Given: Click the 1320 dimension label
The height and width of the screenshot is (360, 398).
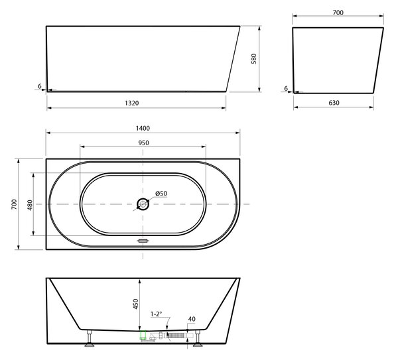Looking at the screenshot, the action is click(x=132, y=103).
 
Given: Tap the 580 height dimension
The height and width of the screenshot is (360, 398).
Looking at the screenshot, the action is click(x=254, y=58).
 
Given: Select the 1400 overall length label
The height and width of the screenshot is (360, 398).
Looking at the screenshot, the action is click(x=143, y=128).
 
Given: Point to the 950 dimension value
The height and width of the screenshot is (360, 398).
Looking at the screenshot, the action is click(x=144, y=143).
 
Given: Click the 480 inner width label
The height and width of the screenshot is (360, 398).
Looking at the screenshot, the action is click(x=30, y=205).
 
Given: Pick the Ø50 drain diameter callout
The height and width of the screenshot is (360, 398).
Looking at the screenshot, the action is click(x=161, y=194).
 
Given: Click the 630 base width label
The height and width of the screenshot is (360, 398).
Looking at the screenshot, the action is click(x=334, y=103).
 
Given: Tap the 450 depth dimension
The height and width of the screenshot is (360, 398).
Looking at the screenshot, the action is click(x=136, y=304).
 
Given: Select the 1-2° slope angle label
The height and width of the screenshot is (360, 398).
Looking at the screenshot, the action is click(x=156, y=314).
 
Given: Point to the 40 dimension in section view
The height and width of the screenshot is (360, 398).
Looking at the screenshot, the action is click(x=192, y=319).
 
